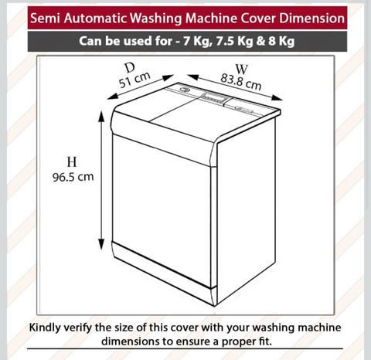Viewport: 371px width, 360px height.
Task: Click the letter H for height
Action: [x=72, y=162]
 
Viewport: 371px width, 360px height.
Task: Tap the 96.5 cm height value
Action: [x=73, y=177]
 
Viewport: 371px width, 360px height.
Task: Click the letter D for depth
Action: [x=130, y=68]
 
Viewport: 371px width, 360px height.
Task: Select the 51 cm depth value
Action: [x=134, y=80]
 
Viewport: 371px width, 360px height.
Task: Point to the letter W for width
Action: [x=242, y=69]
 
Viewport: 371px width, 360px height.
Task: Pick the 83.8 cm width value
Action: [x=241, y=82]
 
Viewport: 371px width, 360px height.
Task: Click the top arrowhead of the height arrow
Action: [x=101, y=116]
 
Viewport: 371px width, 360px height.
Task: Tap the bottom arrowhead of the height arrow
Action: [x=101, y=244]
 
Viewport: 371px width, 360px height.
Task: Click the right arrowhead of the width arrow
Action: [x=277, y=97]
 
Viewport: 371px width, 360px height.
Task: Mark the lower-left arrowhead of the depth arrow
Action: [x=113, y=97]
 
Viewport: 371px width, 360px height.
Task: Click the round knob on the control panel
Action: [x=184, y=90]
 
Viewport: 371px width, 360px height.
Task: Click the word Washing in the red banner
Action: [x=156, y=19]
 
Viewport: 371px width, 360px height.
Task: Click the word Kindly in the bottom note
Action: [x=45, y=328]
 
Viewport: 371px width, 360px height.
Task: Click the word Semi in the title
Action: [x=46, y=19]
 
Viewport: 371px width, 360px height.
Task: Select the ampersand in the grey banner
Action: [x=261, y=41]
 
